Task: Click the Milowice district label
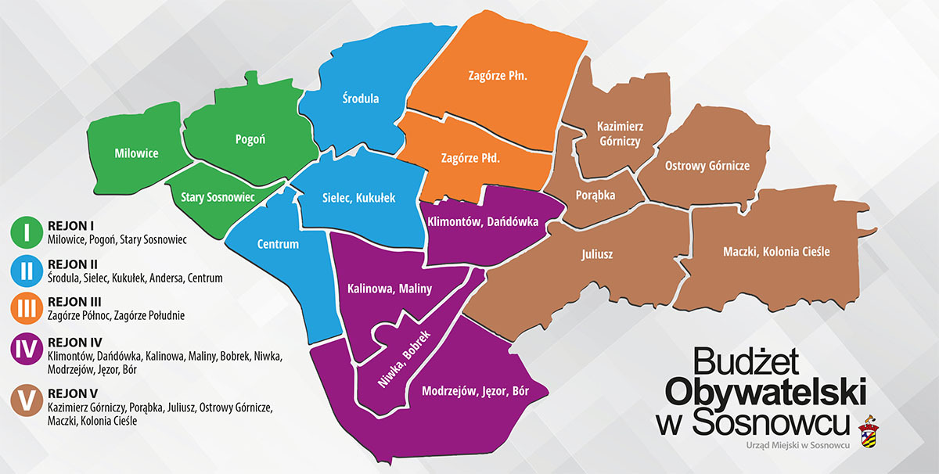click(x=136, y=153)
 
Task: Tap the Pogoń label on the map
click(x=250, y=139)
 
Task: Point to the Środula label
click(x=361, y=99)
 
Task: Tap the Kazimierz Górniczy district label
click(x=618, y=134)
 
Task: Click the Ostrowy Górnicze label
click(x=707, y=166)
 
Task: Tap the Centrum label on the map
click(x=278, y=244)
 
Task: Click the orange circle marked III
click(x=27, y=308)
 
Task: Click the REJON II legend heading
click(x=72, y=264)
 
